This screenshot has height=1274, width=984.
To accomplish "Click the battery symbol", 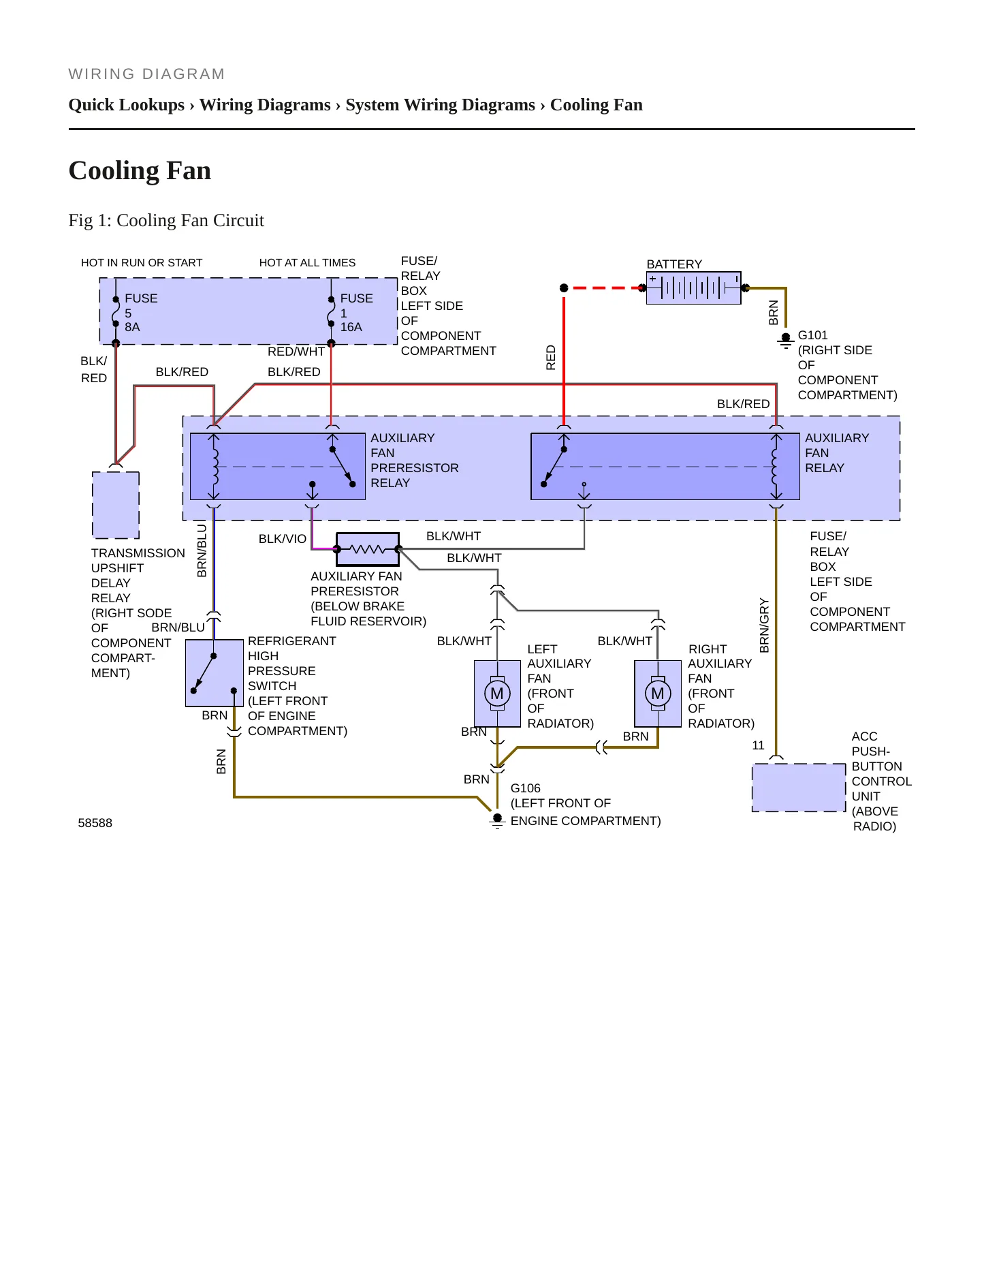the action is click(693, 288).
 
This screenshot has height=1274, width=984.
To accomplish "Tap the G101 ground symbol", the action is click(786, 341).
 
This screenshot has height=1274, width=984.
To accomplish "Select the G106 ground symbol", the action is click(498, 820).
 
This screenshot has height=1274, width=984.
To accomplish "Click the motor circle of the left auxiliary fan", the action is click(497, 694).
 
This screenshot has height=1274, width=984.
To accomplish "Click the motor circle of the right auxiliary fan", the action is click(658, 694).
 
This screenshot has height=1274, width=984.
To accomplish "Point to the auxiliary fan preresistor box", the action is click(368, 549).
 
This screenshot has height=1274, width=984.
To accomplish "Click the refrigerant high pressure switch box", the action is click(215, 673).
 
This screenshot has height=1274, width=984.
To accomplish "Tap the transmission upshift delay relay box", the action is click(116, 505).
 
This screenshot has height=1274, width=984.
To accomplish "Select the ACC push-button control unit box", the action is click(799, 788).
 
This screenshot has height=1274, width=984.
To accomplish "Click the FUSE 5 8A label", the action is click(141, 313).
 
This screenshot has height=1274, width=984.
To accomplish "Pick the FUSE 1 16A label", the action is click(356, 313).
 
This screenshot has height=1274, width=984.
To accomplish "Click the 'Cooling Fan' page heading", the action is click(140, 170).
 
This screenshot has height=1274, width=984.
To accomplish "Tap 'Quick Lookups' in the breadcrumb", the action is click(127, 105).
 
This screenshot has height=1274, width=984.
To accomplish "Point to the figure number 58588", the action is click(95, 823).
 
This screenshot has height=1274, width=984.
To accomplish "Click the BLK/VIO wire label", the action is click(283, 539).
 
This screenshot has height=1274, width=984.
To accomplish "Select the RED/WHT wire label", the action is click(296, 352).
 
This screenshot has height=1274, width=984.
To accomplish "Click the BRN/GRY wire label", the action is click(765, 625).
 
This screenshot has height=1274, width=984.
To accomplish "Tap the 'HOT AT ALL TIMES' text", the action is click(307, 263).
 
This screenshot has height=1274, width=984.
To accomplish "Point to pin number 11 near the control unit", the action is click(758, 745).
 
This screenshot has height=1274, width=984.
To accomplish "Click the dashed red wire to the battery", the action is click(603, 288).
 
